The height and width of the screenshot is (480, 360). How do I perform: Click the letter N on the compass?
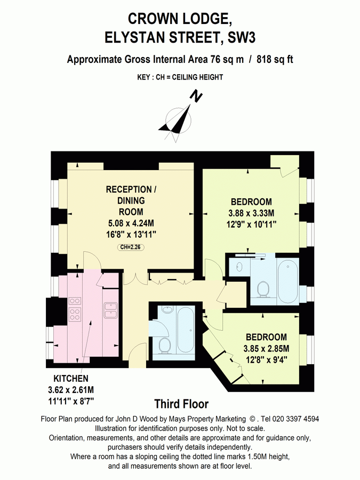197,96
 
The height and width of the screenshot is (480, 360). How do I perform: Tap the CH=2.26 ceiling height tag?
131,246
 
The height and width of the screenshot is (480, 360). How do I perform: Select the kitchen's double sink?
111,309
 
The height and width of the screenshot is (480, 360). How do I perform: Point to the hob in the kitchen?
75,309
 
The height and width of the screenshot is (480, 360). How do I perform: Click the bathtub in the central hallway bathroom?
186,331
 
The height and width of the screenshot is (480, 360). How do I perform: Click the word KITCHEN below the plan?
67,379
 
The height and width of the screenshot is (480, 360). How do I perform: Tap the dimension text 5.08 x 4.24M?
131,223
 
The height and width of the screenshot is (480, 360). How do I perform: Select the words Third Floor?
181,404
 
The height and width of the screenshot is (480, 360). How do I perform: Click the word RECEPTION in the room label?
129,190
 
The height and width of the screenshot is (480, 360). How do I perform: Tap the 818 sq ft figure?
275,60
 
